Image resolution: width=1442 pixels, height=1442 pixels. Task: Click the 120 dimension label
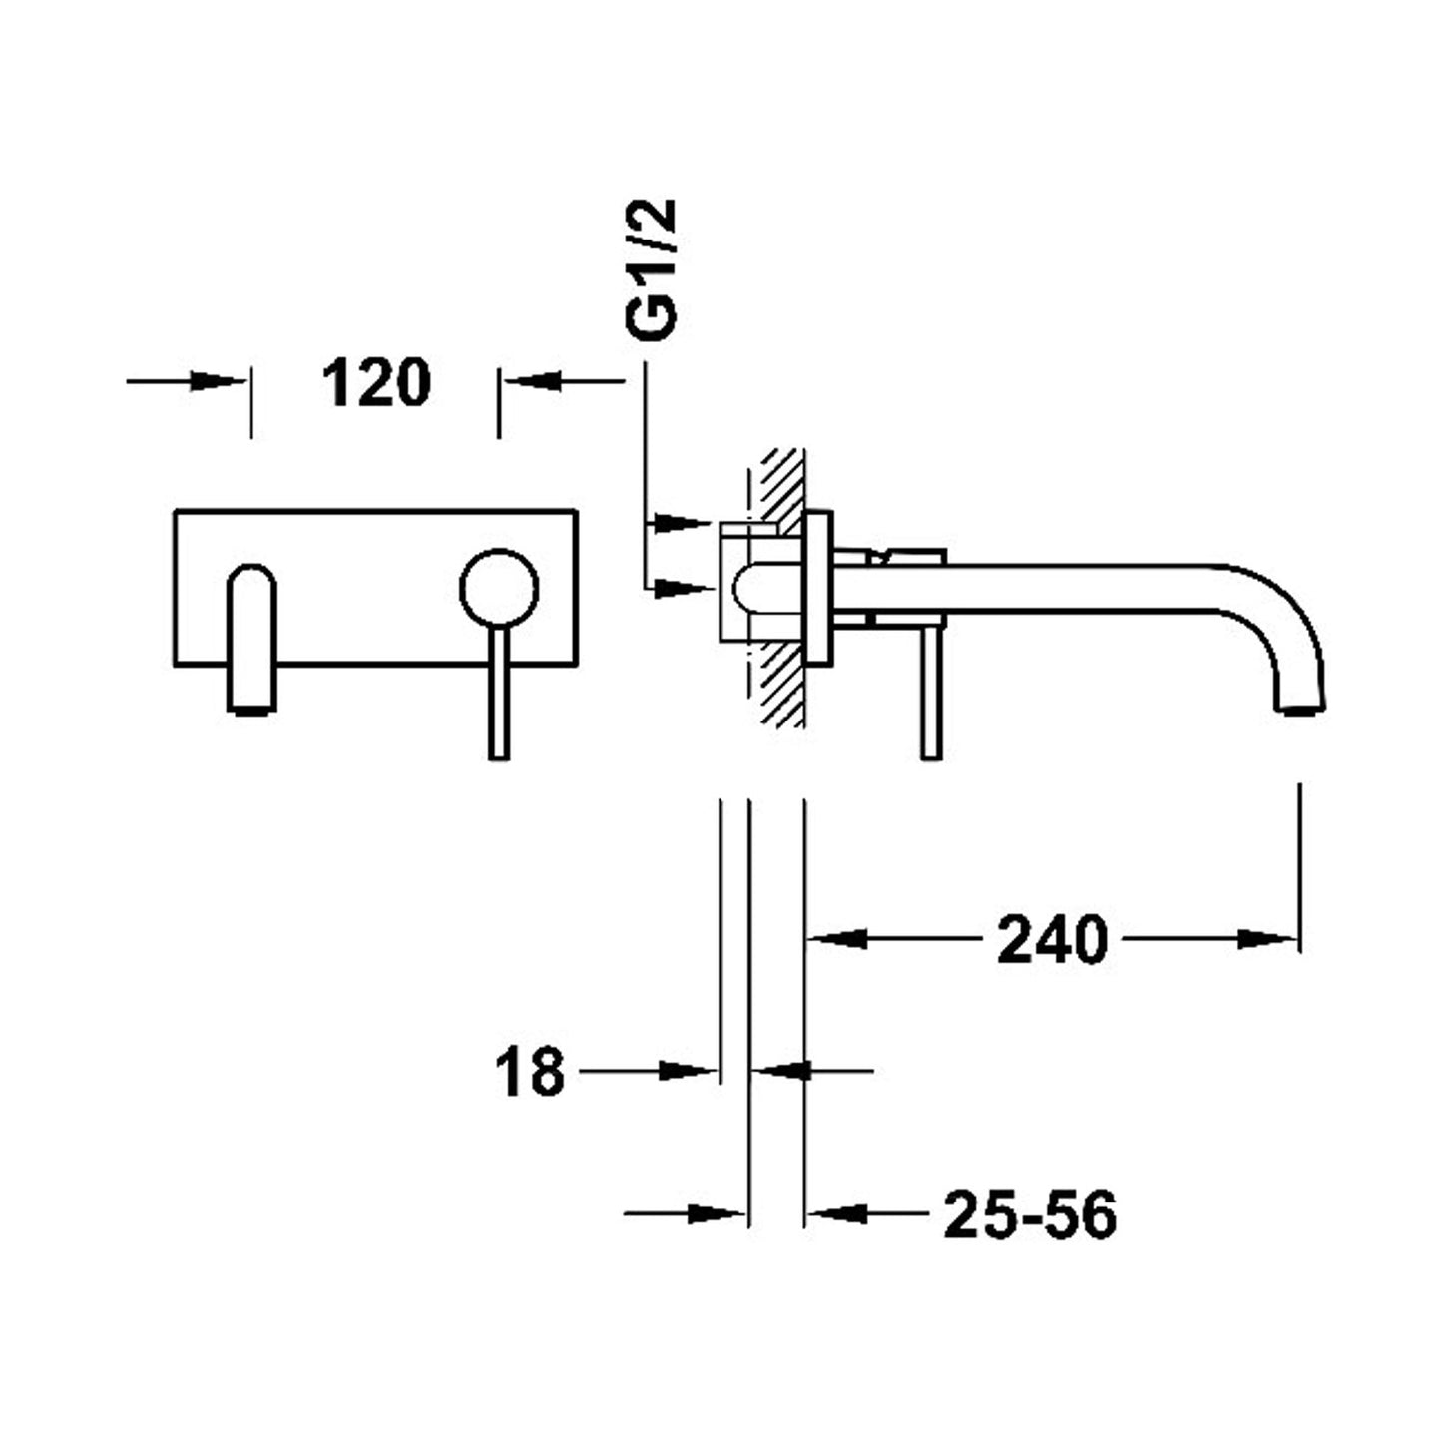[375, 383]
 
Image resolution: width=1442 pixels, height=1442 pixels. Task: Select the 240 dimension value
[1052, 940]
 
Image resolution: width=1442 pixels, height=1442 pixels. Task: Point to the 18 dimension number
[529, 1072]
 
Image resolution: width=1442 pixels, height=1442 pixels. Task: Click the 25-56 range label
[1029, 1215]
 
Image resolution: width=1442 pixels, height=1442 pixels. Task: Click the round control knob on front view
[499, 590]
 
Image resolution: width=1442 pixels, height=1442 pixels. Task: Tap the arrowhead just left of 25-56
[834, 1214]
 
